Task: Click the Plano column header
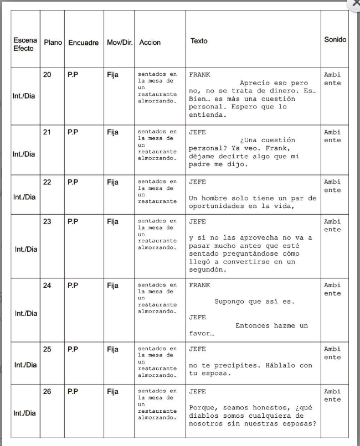click(x=52, y=43)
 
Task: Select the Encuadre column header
click(x=83, y=43)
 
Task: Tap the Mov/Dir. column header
click(x=120, y=43)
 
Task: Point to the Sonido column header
click(x=335, y=40)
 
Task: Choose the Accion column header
click(x=150, y=43)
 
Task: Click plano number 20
click(x=48, y=74)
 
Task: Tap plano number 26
click(x=48, y=391)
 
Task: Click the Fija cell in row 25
click(x=113, y=349)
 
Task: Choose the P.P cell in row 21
click(x=73, y=132)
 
